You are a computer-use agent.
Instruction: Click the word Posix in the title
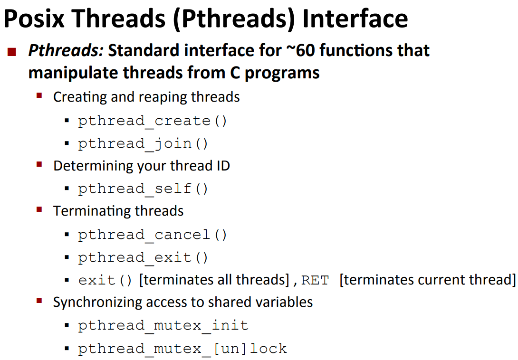34,19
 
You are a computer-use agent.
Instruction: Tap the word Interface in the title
355,19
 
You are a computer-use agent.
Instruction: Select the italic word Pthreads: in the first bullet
66,50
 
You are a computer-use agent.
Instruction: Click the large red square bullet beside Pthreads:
12,52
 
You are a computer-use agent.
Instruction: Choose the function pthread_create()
152,121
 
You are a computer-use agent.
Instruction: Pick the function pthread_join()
143,144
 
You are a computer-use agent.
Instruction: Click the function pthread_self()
143,189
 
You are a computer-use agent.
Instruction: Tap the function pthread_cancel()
152,235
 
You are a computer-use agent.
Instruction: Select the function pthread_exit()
143,258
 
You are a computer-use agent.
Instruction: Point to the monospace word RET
315,281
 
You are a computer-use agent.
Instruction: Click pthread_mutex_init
163,326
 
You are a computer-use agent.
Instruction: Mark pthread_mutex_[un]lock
182,349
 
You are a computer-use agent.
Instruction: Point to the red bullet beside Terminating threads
39,209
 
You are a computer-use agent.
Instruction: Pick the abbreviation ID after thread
223,166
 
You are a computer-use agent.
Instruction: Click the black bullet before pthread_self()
67,189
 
